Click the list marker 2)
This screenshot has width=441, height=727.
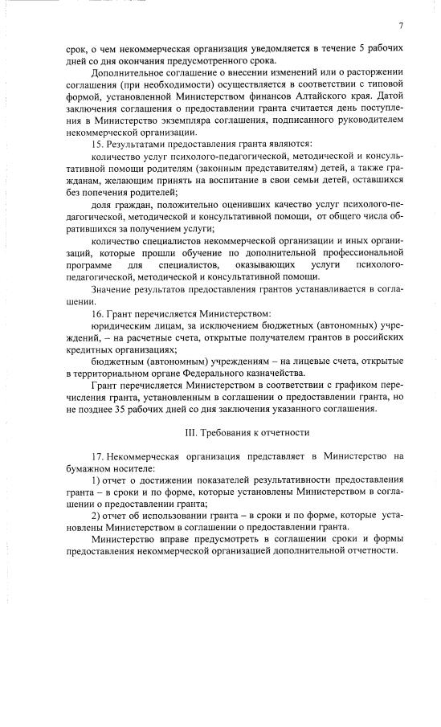(x=97, y=515)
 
